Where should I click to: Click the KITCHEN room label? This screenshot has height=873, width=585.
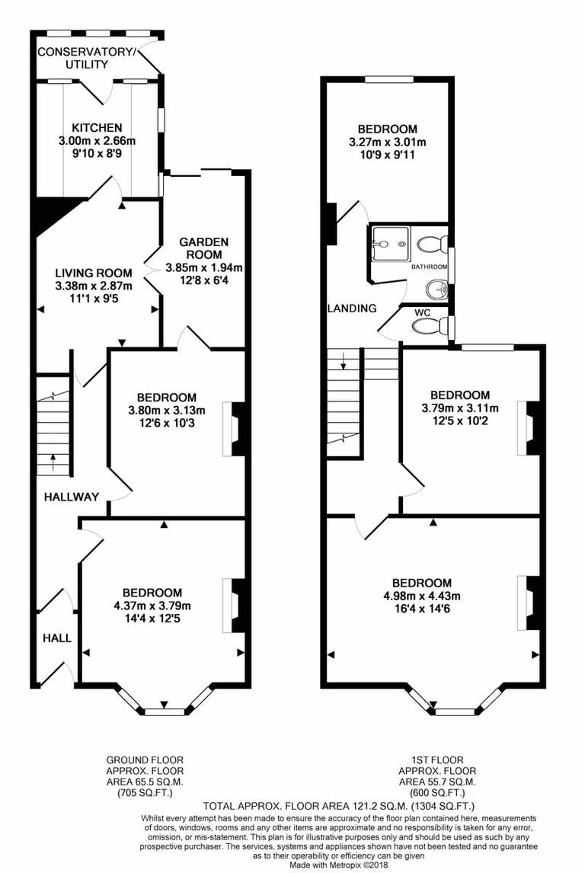pyautogui.click(x=97, y=127)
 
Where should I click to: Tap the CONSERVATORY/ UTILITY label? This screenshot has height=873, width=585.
pyautogui.click(x=87, y=58)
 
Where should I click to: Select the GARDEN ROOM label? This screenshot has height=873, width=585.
pyautogui.click(x=203, y=248)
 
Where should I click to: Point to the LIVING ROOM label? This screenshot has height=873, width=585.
pyautogui.click(x=94, y=273)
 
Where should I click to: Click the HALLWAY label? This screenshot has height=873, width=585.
pyautogui.click(x=72, y=497)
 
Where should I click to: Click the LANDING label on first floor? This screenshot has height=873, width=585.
pyautogui.click(x=352, y=309)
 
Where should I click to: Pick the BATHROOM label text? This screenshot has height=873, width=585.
pyautogui.click(x=429, y=267)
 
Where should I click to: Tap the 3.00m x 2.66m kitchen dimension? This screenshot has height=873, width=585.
pyautogui.click(x=97, y=141)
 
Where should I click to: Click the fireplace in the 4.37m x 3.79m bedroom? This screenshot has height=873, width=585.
pyautogui.click(x=235, y=605)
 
